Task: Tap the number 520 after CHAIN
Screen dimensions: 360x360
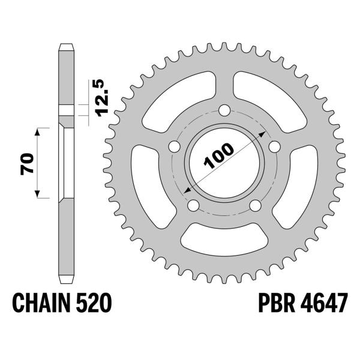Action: click(94, 303)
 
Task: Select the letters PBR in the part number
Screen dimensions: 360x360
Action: click(277, 303)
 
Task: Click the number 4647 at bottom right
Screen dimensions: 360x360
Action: click(324, 303)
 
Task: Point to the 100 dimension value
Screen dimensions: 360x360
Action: click(219, 155)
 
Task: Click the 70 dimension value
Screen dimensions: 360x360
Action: click(27, 164)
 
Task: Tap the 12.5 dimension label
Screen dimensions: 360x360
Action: click(102, 98)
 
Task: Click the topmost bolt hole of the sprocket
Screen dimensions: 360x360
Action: click(224, 110)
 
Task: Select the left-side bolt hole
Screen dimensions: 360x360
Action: click(175, 146)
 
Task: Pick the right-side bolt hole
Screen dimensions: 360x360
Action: click(275, 146)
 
